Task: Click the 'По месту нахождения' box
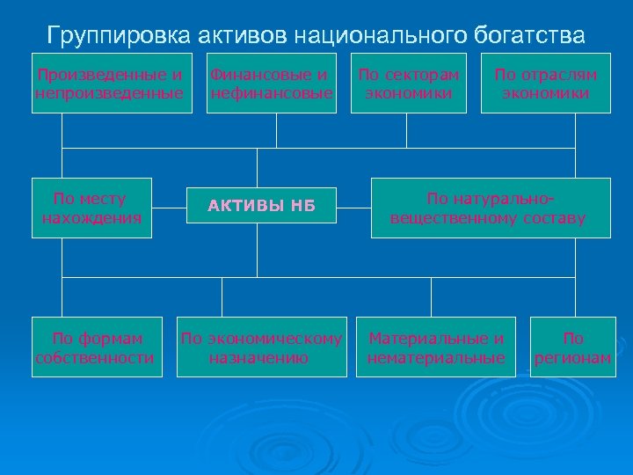[91, 208]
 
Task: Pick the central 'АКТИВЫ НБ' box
[261, 208]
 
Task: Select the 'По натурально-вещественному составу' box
[491, 208]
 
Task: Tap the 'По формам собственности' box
[97, 347]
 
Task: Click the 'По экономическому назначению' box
[261, 347]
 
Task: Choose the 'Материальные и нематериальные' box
[436, 347]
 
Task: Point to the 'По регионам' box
[573, 347]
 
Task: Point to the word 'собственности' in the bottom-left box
[95, 357]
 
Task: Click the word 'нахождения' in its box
[91, 217]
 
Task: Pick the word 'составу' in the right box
[553, 217]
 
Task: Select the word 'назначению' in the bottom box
[259, 357]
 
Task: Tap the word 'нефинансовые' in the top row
[271, 92]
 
